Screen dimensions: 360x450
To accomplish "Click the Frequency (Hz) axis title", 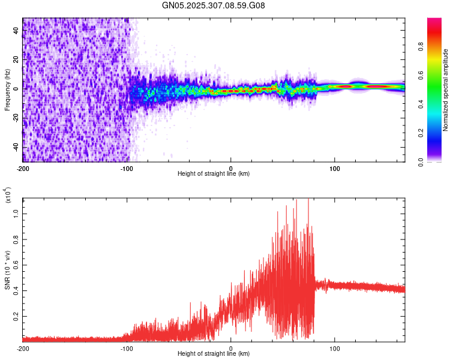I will pyautogui.click(x=7, y=90).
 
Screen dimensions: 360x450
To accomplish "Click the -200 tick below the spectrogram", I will pyautogui.click(x=23, y=168).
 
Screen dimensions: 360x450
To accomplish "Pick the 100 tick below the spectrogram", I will pyautogui.click(x=334, y=168).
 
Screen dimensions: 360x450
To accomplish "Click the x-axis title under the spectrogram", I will pyautogui.click(x=214, y=174).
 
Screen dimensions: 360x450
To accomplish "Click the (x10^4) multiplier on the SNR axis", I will pyautogui.click(x=8, y=196).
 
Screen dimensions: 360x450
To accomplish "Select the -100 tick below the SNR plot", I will pyautogui.click(x=127, y=348).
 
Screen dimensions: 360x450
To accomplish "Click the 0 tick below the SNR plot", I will pyautogui.click(x=231, y=348).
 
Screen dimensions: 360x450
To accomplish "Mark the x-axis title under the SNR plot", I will pyautogui.click(x=214, y=354).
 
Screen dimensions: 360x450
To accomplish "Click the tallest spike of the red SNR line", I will pyautogui.click(x=308, y=200).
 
